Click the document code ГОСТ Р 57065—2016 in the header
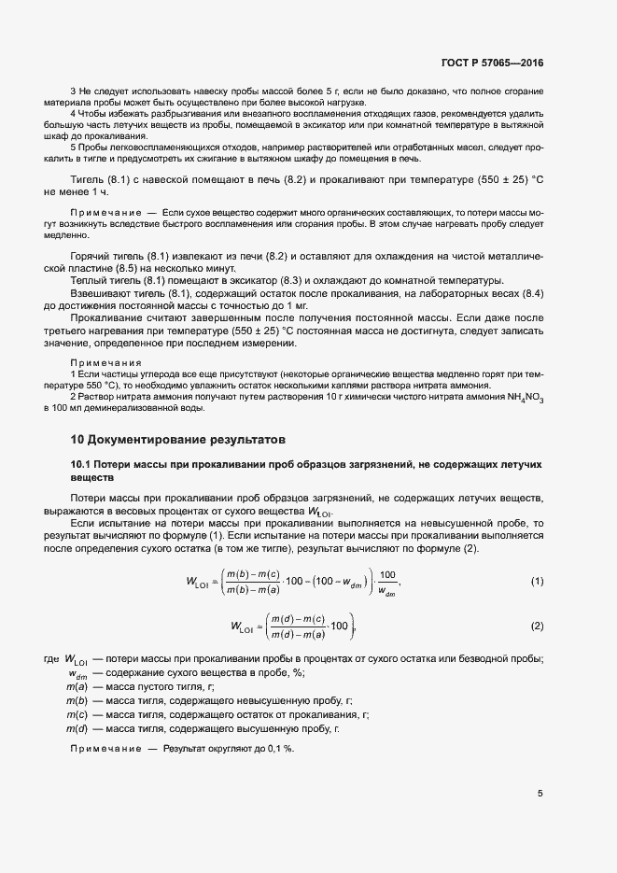pyautogui.click(x=492, y=63)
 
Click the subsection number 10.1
pyautogui.click(x=82, y=464)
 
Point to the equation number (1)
pyautogui.click(x=537, y=582)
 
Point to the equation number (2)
pyautogui.click(x=537, y=625)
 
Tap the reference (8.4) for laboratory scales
pyautogui.click(x=533, y=293)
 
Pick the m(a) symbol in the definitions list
pyautogui.click(x=77, y=686)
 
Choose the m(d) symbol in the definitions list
pyautogui.click(x=77, y=727)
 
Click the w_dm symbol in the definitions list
pyautogui.click(x=77, y=672)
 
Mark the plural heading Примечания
pyautogui.click(x=105, y=361)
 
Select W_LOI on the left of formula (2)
pyautogui.click(x=245, y=627)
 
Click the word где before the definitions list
pyautogui.click(x=50, y=658)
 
